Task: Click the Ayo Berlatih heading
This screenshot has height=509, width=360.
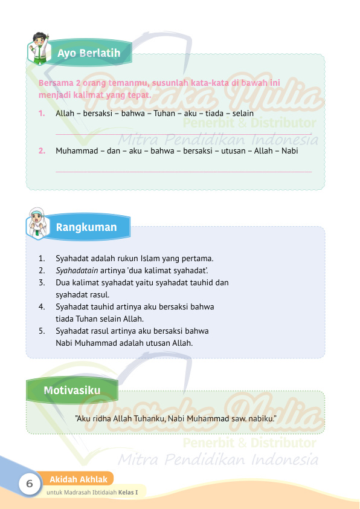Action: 89,53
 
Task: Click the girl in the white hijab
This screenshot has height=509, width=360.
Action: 36,222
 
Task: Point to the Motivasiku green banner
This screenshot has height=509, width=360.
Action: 72,391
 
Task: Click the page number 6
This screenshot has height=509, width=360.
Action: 28,484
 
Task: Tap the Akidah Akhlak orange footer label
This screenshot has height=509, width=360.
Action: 79,479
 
